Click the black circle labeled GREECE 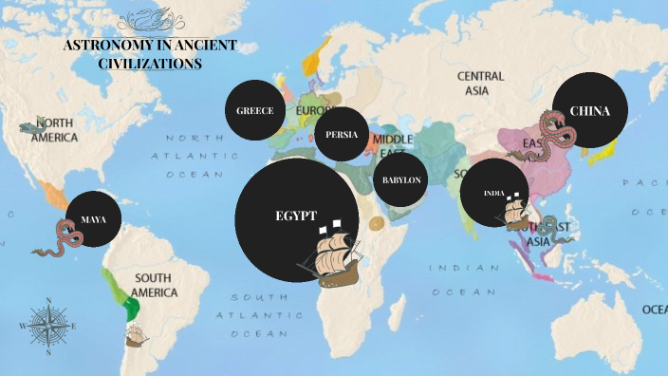coord(255,111)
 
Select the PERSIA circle coord(342,134)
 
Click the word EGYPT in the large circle coord(295,216)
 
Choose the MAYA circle coord(93,219)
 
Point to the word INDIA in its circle coord(493,194)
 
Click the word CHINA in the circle coord(589,111)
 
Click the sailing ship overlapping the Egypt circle coord(328,254)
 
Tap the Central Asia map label coord(480,83)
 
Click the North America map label coord(53,130)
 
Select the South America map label coord(155,285)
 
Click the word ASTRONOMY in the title coord(105,47)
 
